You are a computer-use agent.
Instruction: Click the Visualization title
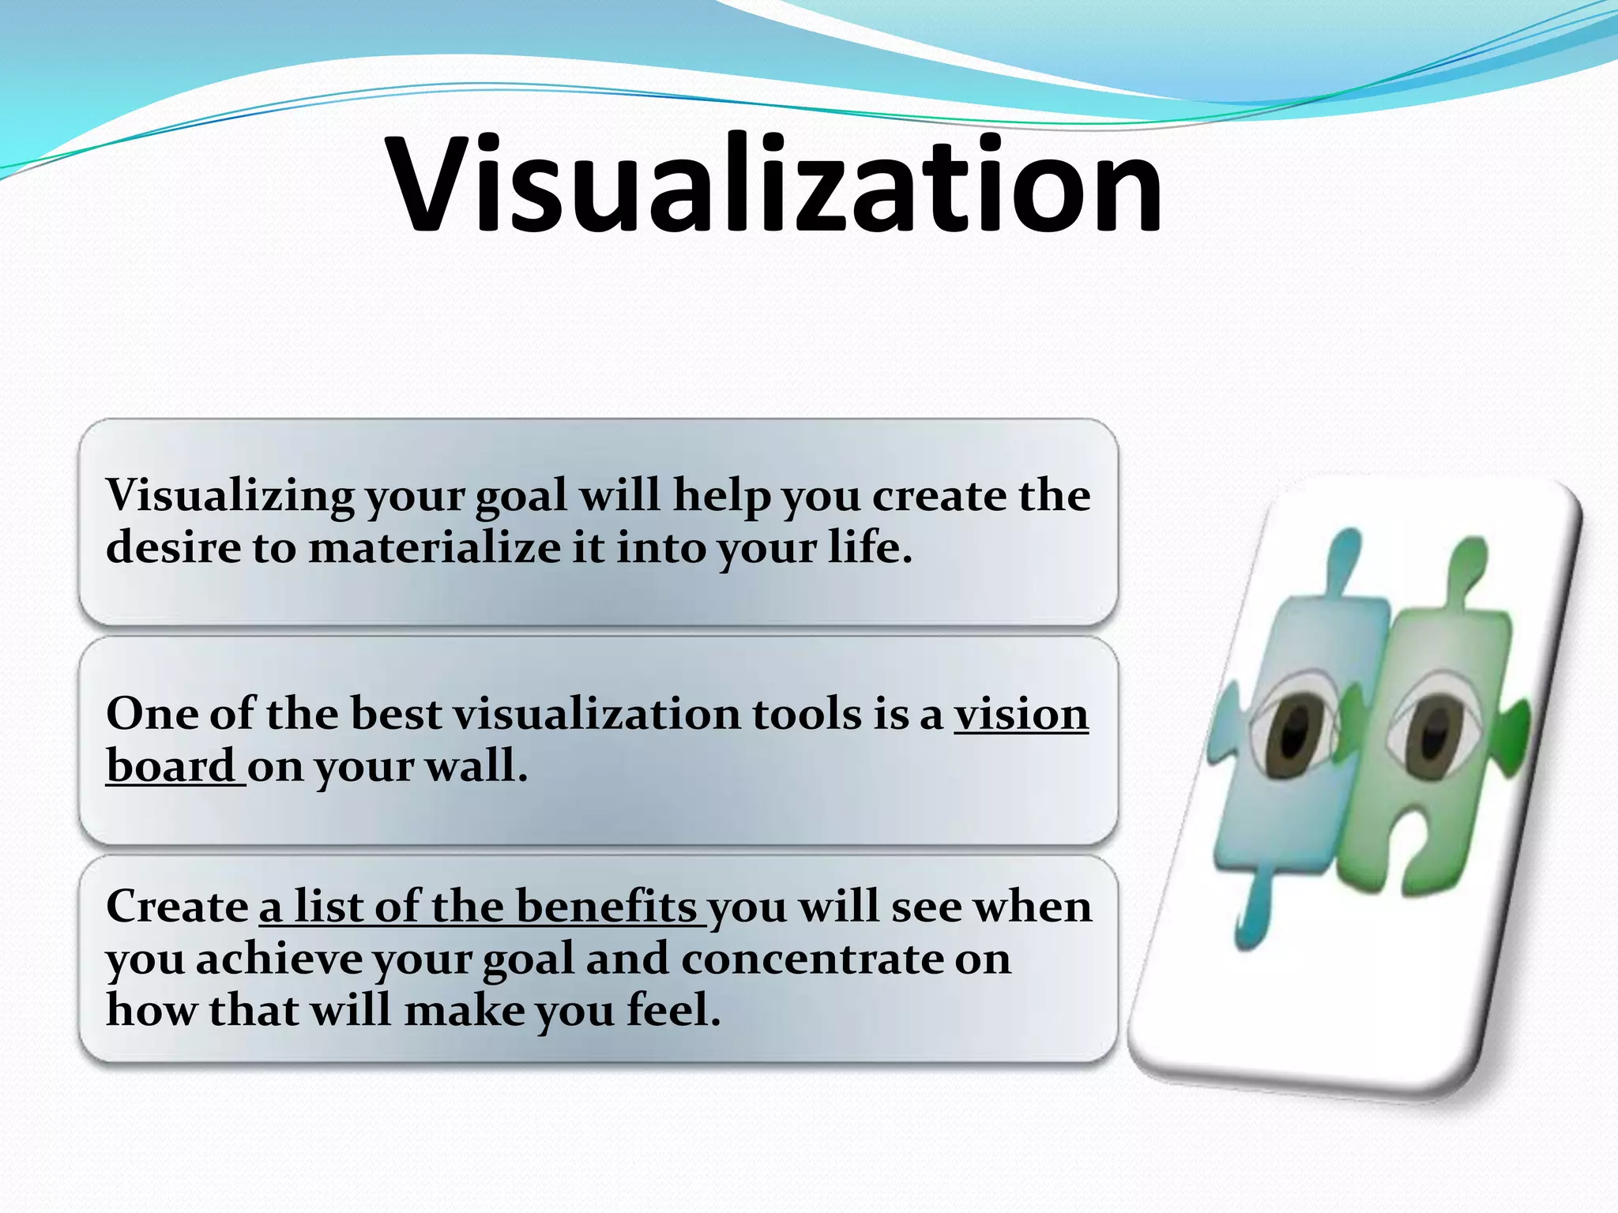click(x=774, y=186)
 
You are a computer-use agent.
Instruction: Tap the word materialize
click(x=434, y=548)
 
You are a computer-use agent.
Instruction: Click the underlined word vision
click(x=1021, y=714)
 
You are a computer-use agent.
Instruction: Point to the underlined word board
click(x=171, y=766)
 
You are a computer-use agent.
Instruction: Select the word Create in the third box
click(x=177, y=907)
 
